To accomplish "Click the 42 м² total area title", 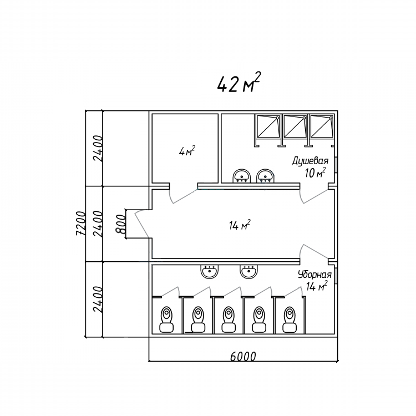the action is [x=239, y=82].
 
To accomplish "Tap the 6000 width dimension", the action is [x=243, y=356].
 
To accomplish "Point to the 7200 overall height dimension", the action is [x=80, y=224].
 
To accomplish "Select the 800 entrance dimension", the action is [x=121, y=224].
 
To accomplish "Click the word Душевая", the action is [x=310, y=161].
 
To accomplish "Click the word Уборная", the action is [x=314, y=275].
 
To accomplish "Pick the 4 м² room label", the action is [x=187, y=151].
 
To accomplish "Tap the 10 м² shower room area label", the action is [x=316, y=173].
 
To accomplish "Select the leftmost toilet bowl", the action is [x=166, y=319].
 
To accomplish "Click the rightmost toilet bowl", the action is [x=290, y=319].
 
